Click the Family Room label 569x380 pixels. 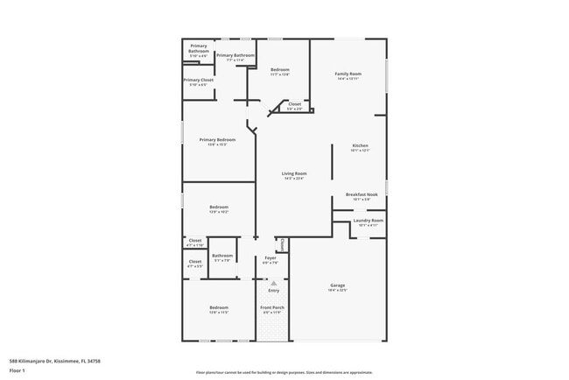pos(348,74)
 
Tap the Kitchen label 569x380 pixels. pos(360,145)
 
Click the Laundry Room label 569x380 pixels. pos(368,221)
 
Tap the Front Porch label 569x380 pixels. pos(273,307)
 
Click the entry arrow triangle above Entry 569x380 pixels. pos(273,283)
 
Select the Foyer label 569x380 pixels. pos(270,257)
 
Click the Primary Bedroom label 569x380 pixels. pos(217,140)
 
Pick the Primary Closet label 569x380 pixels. pos(198,81)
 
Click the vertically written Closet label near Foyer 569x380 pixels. pos(282,244)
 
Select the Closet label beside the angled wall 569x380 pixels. pos(294,104)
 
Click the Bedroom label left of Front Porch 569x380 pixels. pos(218,307)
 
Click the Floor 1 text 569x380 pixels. pos(18,370)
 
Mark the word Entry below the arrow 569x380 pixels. pos(273,291)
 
